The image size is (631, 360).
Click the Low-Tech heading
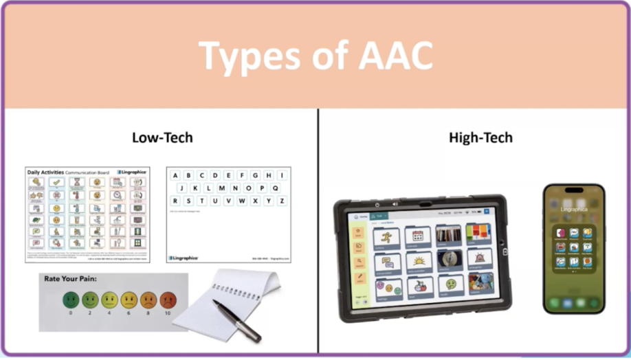coord(162,137)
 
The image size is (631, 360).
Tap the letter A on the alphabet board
coord(175,175)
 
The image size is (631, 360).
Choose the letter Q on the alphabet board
coord(274,188)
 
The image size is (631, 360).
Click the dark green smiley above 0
coord(71,300)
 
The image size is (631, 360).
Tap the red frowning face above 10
coord(168,300)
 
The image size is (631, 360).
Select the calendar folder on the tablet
coord(417,236)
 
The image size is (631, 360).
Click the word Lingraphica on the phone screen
coord(574,208)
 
